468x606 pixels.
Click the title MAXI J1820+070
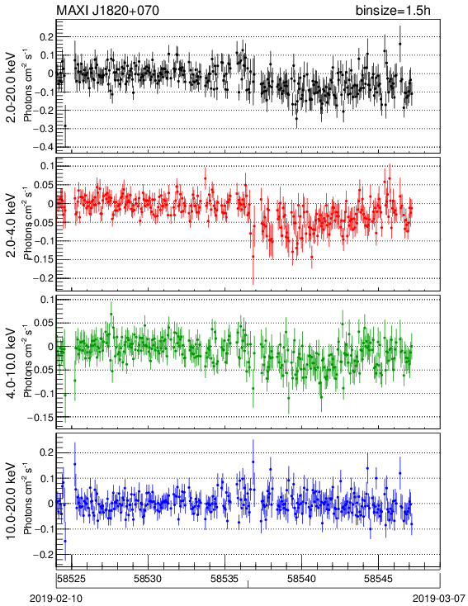[x=107, y=11]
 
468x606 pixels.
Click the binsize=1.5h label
[x=393, y=11]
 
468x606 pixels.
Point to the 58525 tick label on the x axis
[x=71, y=579]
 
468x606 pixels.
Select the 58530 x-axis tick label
[x=148, y=579]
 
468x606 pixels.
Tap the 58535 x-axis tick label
[x=225, y=579]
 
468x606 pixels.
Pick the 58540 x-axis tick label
[x=301, y=579]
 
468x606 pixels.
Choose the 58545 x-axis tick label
[x=378, y=579]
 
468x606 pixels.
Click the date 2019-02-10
[x=55, y=599]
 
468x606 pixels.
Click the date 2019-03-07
[x=439, y=599]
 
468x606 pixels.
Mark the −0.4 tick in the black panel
[x=43, y=147]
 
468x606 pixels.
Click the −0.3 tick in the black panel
[x=43, y=129]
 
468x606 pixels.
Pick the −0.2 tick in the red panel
[x=43, y=278]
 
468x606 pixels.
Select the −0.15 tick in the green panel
[x=40, y=418]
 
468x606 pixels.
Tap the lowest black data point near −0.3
[x=65, y=125]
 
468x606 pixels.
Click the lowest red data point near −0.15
[x=253, y=256]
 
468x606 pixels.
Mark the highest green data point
[x=111, y=315]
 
